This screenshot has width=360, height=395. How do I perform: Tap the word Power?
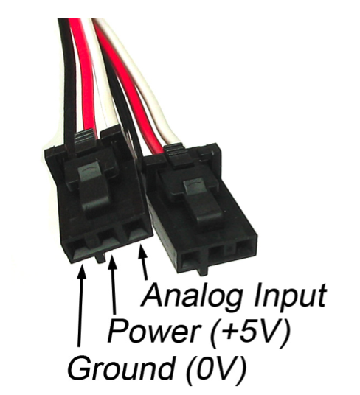pyautogui.click(x=153, y=330)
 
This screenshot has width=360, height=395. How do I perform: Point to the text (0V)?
pyautogui.click(x=215, y=368)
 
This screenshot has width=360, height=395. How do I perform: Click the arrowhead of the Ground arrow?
pyautogui.click(x=81, y=270)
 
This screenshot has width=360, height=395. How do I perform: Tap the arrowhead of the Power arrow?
pyautogui.click(x=112, y=262)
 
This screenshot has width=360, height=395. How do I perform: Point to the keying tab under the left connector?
pyautogui.click(x=100, y=258)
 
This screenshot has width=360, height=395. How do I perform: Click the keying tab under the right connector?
pyautogui.click(x=203, y=271)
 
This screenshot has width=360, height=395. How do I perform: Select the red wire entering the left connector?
pyautogui.click(x=84, y=76)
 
